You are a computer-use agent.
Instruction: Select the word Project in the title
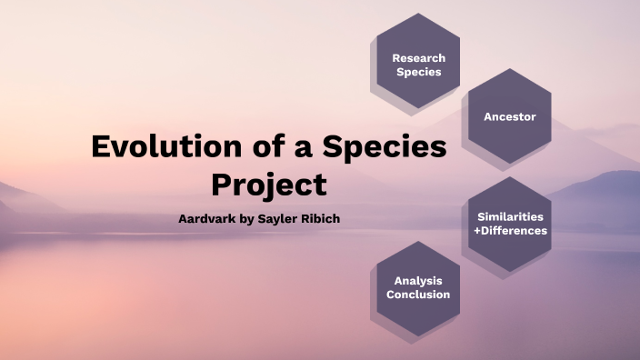pos(269,185)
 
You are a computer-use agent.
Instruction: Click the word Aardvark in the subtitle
pos(208,220)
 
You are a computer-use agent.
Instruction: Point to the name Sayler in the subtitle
pos(276,220)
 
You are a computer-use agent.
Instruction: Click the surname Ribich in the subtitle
pos(320,220)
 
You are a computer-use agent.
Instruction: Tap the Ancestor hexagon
pos(509,117)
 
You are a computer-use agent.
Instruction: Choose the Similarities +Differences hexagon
pos(509,224)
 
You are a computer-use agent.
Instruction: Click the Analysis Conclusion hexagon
pos(418,287)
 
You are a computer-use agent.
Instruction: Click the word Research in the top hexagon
pos(418,58)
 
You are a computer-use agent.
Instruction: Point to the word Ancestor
pos(509,117)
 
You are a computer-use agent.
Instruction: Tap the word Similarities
pos(510,216)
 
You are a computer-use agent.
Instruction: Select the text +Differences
pos(510,231)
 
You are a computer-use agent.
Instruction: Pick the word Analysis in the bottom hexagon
pos(418,280)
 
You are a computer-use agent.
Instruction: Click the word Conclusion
pos(418,295)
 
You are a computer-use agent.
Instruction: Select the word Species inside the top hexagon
pos(418,72)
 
